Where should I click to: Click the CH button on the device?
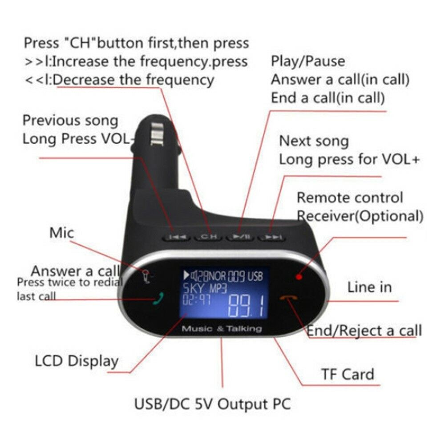click(208, 236)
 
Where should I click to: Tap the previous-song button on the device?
click(178, 237)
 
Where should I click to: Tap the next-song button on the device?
click(270, 238)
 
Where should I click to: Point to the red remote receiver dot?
click(299, 277)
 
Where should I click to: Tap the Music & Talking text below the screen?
click(222, 329)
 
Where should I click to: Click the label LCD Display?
click(77, 361)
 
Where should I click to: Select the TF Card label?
click(348, 374)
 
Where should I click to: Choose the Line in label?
click(369, 287)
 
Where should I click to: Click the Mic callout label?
click(62, 232)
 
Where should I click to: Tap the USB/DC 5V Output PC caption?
click(213, 404)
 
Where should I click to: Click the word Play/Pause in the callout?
click(308, 61)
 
